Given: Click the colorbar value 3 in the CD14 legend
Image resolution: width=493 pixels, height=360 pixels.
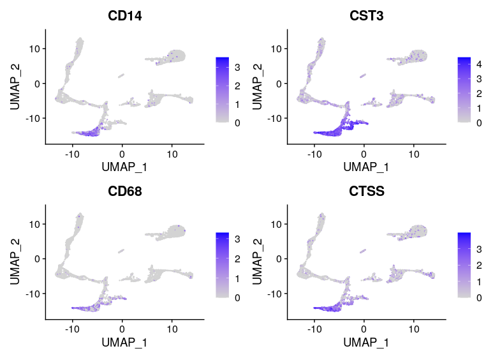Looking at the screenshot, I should tap(237, 66).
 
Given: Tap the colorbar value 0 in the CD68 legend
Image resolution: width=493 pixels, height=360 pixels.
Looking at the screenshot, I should tap(237, 298).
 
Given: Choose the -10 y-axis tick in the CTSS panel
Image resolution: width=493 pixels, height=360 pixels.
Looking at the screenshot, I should tap(276, 293).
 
